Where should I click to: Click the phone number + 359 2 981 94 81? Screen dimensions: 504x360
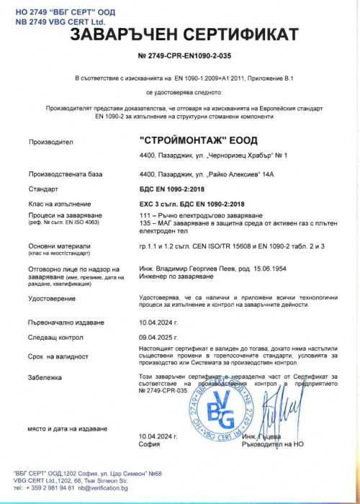tap(42, 487)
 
